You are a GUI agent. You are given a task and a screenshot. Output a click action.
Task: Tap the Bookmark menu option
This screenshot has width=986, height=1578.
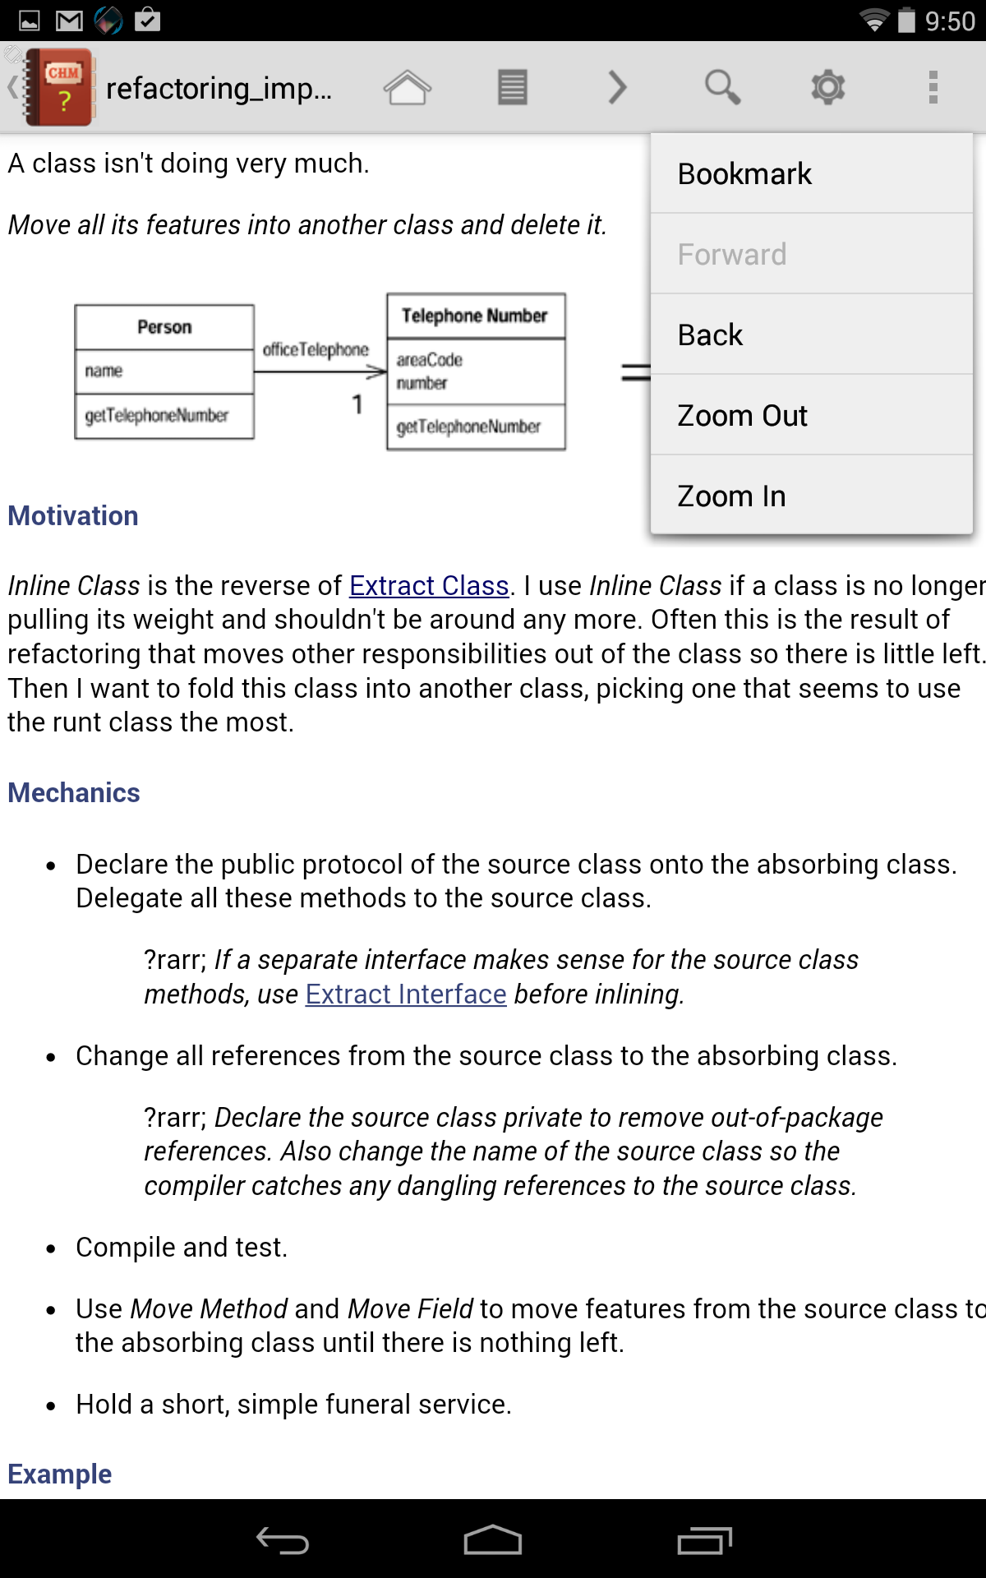[x=744, y=174]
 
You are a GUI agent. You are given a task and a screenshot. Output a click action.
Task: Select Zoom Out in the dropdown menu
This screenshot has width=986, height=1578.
[x=742, y=416]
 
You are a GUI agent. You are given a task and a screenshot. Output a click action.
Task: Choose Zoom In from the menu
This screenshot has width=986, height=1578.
[x=731, y=496]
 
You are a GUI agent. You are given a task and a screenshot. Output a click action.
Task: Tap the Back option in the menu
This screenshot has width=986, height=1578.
[x=710, y=335]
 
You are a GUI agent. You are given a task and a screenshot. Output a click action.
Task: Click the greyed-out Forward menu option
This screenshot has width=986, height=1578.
[x=731, y=255]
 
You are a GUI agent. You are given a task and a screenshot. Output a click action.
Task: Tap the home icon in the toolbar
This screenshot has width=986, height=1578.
[x=407, y=87]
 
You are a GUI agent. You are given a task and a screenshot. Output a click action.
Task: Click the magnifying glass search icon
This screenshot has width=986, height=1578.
[x=722, y=87]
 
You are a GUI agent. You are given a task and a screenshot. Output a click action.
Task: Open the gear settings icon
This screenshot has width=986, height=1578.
[x=827, y=87]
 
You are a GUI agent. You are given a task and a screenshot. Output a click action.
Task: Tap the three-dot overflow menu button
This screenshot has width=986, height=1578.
[x=933, y=87]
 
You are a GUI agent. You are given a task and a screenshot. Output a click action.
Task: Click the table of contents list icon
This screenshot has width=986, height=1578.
[x=512, y=87]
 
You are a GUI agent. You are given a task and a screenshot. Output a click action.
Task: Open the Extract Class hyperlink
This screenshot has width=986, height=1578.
[x=429, y=586]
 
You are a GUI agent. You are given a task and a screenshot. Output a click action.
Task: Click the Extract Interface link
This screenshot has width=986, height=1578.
[x=406, y=994]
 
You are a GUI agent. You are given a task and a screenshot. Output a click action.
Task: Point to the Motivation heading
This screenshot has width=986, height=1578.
[x=73, y=516]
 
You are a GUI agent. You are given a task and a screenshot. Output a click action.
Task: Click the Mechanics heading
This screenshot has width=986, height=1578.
[x=74, y=793]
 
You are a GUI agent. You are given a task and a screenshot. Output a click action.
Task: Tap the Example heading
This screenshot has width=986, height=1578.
[x=60, y=1474]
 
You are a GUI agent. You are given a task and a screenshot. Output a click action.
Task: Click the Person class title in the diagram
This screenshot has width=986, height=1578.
[x=164, y=327]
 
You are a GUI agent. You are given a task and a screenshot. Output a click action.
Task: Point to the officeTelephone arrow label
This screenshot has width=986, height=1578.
[x=316, y=350]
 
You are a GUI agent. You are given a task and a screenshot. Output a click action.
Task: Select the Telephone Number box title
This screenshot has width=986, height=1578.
[x=475, y=316]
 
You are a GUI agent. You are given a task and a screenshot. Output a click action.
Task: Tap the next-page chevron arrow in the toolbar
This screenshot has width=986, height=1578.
[x=617, y=87]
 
